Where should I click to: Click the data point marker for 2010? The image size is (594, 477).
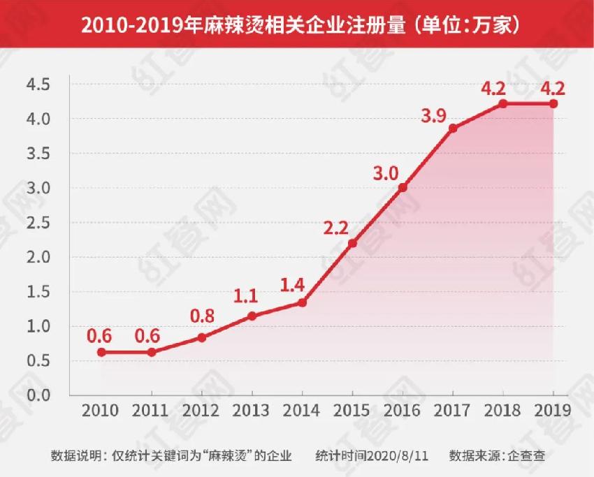point(101,352)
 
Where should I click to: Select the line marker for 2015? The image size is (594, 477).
point(352,243)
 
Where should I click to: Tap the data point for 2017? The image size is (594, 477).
point(453,128)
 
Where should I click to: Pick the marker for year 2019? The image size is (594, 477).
point(553,103)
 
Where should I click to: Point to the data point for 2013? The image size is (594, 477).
point(252,316)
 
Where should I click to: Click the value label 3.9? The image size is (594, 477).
point(433,117)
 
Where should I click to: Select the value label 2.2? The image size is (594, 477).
point(338,228)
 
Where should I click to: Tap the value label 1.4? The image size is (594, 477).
point(292,285)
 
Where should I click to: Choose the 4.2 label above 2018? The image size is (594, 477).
point(494,89)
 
